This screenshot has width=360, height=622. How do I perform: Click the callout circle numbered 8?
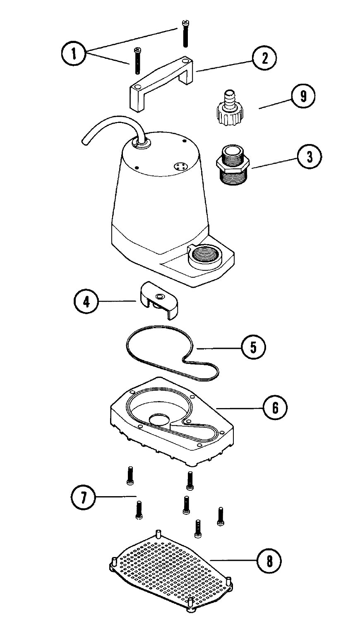click(269, 561)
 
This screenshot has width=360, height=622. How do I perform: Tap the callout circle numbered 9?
click(302, 96)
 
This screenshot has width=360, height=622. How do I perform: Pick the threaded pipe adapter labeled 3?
click(232, 164)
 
